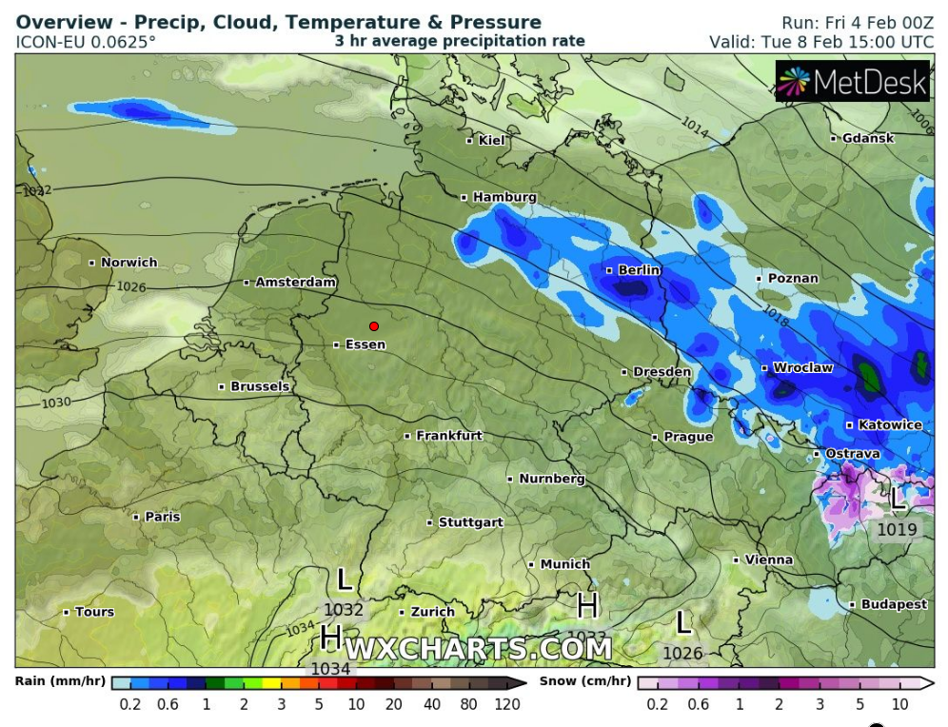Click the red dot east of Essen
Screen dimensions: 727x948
coord(374,326)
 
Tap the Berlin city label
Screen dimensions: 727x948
coord(639,270)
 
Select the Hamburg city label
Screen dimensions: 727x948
coord(504,197)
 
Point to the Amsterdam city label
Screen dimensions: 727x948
coord(296,283)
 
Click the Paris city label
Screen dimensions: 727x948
coord(162,517)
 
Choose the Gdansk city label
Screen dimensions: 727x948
coord(867,138)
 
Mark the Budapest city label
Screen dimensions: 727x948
coord(894,604)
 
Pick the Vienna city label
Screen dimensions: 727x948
coord(768,560)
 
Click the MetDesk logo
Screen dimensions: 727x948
coord(852,83)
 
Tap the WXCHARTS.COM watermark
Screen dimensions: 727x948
coord(478,649)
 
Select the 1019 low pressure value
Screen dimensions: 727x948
coord(899,530)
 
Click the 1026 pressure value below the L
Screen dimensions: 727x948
coord(682,654)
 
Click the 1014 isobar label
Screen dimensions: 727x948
coord(695,127)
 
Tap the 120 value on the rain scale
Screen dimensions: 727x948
coord(506,705)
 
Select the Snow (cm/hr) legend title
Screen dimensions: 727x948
coord(583,681)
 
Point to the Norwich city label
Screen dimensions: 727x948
coord(128,263)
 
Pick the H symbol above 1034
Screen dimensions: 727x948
coord(331,635)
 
